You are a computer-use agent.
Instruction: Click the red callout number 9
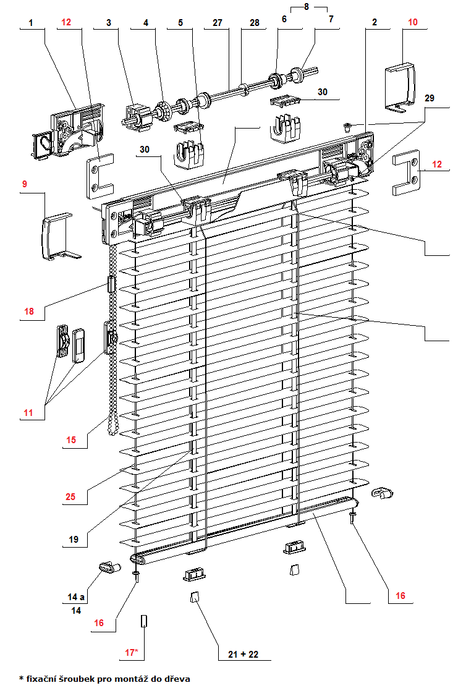(x=24, y=184)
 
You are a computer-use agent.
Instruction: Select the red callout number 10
(x=413, y=22)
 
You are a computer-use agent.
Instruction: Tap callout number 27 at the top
(x=217, y=23)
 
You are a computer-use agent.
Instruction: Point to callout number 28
(x=254, y=23)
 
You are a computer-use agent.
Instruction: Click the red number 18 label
(x=29, y=312)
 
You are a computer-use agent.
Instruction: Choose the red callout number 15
(x=71, y=440)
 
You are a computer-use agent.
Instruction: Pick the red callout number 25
(x=70, y=497)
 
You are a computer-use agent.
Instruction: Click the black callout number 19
(x=74, y=540)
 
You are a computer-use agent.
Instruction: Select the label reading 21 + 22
(x=244, y=654)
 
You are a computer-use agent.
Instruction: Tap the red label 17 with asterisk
(x=132, y=653)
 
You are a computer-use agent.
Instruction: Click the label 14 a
(x=76, y=597)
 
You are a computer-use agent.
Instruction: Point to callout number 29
(x=429, y=98)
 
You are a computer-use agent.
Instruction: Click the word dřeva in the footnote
(x=177, y=679)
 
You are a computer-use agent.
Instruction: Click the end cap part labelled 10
(x=400, y=87)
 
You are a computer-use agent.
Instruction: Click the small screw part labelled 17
(x=143, y=621)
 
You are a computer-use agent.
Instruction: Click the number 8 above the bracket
(x=307, y=7)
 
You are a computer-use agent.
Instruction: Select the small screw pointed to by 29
(x=347, y=128)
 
